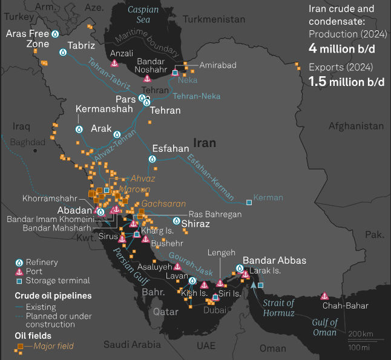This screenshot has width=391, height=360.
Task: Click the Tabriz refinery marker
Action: tap(63, 53)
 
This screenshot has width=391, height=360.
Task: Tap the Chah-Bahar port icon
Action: tap(324, 296)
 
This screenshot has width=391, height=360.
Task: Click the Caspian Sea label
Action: tap(143, 15)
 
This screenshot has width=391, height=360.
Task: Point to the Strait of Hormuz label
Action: tap(278, 308)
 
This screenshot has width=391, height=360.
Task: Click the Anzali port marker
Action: tap(114, 63)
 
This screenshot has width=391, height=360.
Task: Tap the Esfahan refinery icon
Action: tap(152, 159)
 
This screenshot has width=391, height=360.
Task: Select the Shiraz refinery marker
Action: tap(176, 221)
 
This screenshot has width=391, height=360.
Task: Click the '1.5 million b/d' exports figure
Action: tap(346, 81)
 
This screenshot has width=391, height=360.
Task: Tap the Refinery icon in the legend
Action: tap(19, 263)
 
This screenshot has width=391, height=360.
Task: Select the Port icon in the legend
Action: tap(19, 272)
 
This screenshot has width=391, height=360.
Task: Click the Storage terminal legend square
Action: tap(19, 281)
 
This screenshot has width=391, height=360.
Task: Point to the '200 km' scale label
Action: tap(361, 335)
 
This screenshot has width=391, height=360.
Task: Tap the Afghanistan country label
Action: tap(356, 126)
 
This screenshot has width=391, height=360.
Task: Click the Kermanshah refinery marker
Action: tap(79, 129)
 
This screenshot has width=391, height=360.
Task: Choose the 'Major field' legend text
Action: tap(54, 346)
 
